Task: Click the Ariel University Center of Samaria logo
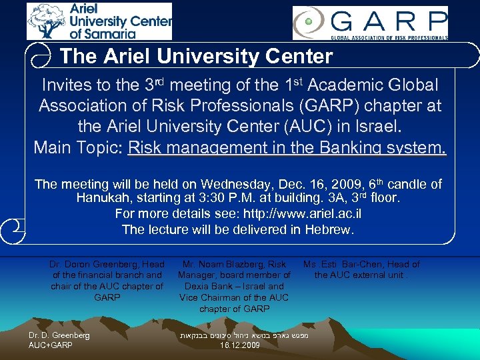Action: click(99, 21)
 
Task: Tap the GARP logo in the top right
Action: click(370, 23)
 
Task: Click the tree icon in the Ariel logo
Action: click(47, 21)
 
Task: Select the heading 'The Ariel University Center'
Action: click(196, 57)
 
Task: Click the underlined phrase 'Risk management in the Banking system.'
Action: click(287, 147)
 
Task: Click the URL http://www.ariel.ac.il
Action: click(299, 214)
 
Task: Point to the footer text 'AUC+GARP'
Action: click(51, 345)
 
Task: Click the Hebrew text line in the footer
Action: click(244, 335)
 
